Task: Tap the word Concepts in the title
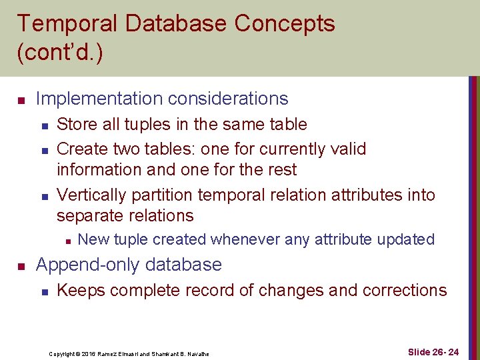(285, 24)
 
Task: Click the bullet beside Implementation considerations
(21, 101)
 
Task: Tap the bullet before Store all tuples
(43, 125)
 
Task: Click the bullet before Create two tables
(43, 149)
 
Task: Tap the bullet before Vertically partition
(43, 197)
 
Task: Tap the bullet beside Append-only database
(21, 267)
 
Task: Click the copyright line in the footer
(129, 353)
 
